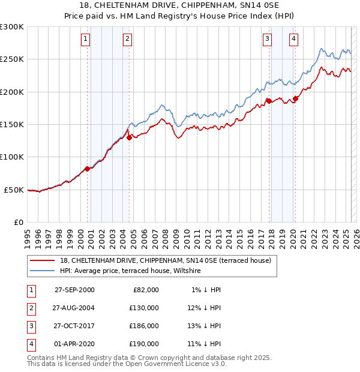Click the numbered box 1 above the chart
86,40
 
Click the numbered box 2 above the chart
128,40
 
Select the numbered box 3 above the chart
267,40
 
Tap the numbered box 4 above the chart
293,40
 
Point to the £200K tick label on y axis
11,92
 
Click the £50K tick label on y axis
14,190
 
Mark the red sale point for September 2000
88,169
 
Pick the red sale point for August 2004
129,137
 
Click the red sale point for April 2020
295,98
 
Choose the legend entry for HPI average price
130,271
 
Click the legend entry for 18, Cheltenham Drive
166,260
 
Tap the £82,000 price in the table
146,290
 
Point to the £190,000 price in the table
144,344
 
